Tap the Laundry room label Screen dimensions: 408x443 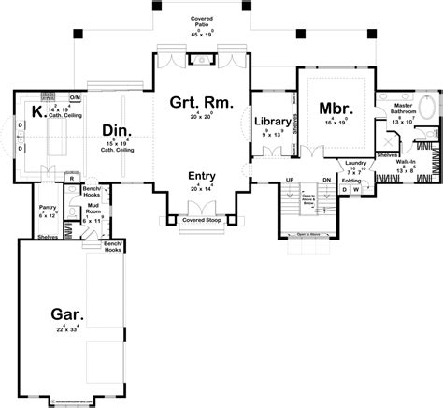pyautogui.click(x=355, y=163)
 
